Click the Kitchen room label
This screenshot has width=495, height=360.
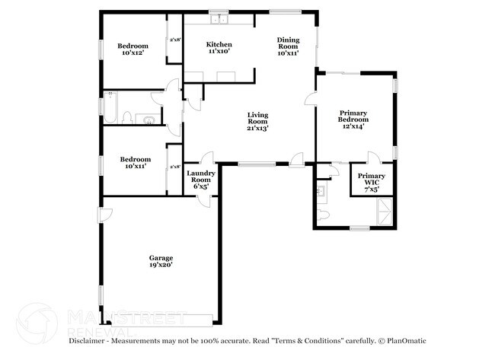[x=219, y=48]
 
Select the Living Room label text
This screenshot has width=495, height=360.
[x=257, y=122]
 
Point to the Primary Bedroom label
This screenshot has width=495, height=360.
[x=353, y=119]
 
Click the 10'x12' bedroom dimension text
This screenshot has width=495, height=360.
[x=133, y=54]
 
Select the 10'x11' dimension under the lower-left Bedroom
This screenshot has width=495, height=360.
[x=133, y=165]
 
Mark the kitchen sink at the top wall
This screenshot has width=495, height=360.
[x=219, y=20]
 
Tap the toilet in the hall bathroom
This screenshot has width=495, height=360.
[x=129, y=117]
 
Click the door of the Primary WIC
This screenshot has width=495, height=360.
[x=373, y=158]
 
